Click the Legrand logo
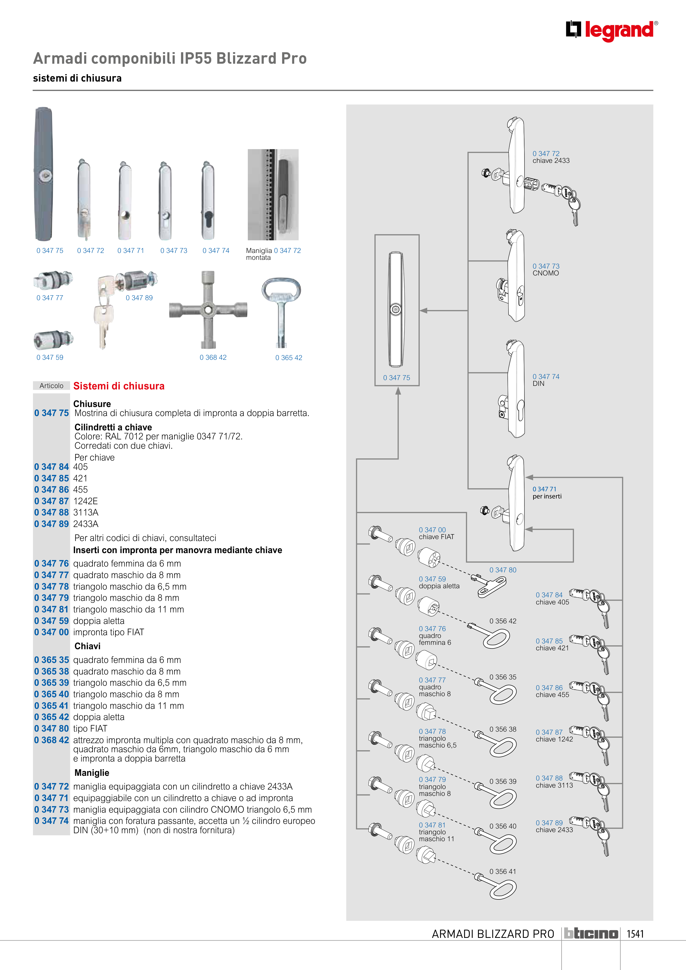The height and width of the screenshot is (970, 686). pyautogui.click(x=612, y=30)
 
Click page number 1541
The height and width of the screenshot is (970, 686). pyautogui.click(x=635, y=934)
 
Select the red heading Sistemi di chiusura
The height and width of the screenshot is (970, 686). pyautogui.click(x=119, y=386)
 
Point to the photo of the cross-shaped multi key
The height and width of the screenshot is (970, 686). pyautogui.click(x=208, y=310)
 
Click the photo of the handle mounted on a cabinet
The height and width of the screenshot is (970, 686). pyautogui.click(x=273, y=194)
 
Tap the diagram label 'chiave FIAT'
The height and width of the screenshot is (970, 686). pyautogui.click(x=436, y=537)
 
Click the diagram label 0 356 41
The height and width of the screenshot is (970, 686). pyautogui.click(x=502, y=872)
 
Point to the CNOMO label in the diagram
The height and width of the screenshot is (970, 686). pyautogui.click(x=545, y=273)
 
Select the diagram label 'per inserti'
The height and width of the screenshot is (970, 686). pyautogui.click(x=547, y=497)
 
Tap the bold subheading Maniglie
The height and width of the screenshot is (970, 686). pyautogui.click(x=92, y=773)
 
